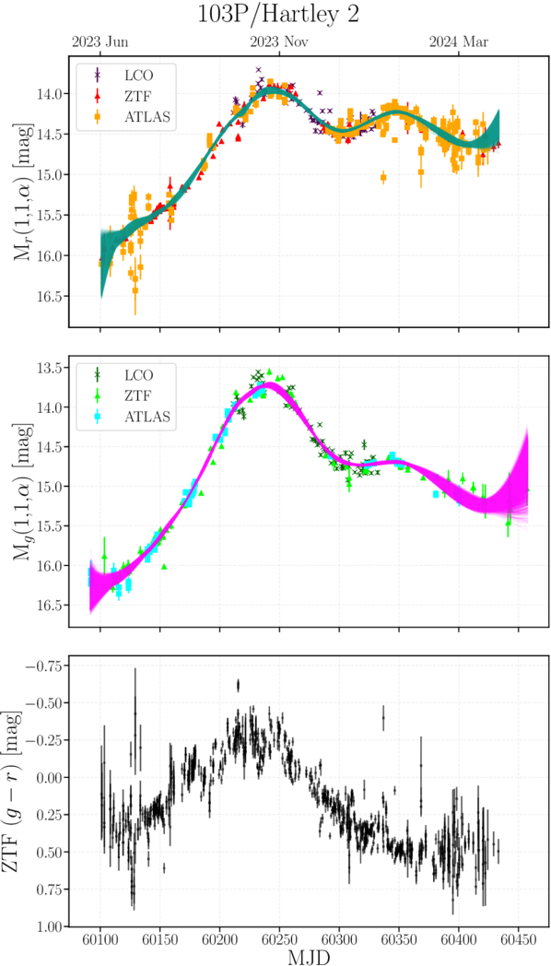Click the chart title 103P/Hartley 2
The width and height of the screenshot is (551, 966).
[x=277, y=16]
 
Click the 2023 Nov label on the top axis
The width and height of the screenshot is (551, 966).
[x=279, y=41]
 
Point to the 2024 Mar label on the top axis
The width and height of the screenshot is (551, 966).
[x=459, y=41]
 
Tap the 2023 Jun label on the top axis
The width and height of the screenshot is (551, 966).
[x=100, y=41]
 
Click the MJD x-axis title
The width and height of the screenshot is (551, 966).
[x=309, y=956]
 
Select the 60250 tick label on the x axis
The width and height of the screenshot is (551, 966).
[x=279, y=937]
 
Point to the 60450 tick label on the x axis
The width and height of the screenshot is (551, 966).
[x=518, y=937]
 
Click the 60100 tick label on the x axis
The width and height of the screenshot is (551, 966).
[x=100, y=937]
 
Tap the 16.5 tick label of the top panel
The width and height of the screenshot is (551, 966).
[x=51, y=296]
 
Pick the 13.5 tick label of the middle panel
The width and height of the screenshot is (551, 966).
[x=51, y=368]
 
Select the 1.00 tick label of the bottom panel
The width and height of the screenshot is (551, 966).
[x=48, y=926]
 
